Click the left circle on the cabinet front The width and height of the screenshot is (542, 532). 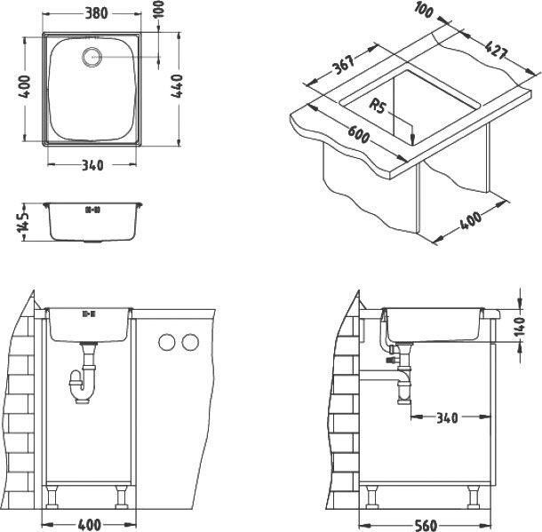pyautogui.click(x=165, y=343)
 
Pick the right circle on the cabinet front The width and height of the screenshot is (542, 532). pyautogui.click(x=187, y=343)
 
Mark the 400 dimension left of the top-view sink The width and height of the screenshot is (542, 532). pyautogui.click(x=24, y=88)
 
